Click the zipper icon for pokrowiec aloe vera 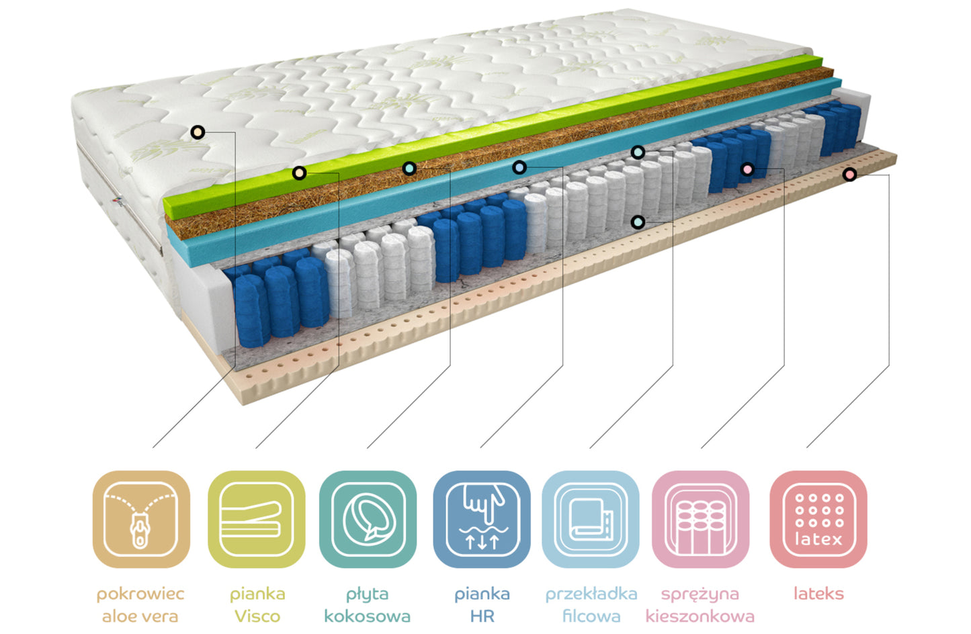pyautogui.click(x=141, y=519)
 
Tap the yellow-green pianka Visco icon pyautogui.click(x=256, y=519)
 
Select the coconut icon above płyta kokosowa pyautogui.click(x=368, y=519)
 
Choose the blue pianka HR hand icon pyautogui.click(x=482, y=519)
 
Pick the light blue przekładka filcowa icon pyautogui.click(x=591, y=519)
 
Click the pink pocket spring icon pyautogui.click(x=700, y=519)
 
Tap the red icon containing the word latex pyautogui.click(x=818, y=519)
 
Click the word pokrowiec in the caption pyautogui.click(x=140, y=594)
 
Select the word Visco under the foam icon pyautogui.click(x=257, y=616)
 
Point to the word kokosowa pyautogui.click(x=367, y=616)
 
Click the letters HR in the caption pyautogui.click(x=482, y=616)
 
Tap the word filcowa pyautogui.click(x=591, y=616)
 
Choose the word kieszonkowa pyautogui.click(x=700, y=616)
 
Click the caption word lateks pyautogui.click(x=818, y=594)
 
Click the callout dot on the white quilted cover pyautogui.click(x=198, y=132)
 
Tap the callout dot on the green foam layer pyautogui.click(x=299, y=173)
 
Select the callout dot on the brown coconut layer pyautogui.click(x=409, y=168)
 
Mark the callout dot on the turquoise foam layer pyautogui.click(x=519, y=167)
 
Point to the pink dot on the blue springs pyautogui.click(x=747, y=169)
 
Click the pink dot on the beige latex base pyautogui.click(x=849, y=175)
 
